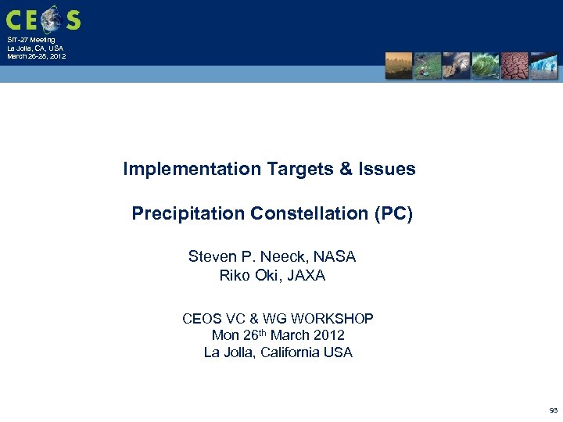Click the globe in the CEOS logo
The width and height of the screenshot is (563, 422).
[52, 17]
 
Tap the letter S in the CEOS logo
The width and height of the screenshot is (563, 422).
[73, 19]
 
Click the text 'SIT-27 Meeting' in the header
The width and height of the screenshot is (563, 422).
[31, 40]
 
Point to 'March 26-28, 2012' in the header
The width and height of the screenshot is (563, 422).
[36, 56]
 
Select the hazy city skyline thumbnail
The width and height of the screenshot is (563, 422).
[398, 66]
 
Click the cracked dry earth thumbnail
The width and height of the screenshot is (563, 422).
[515, 66]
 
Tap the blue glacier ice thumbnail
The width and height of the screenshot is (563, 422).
[543, 66]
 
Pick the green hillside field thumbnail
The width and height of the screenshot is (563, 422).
[427, 66]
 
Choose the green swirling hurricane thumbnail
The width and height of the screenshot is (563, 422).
[485, 66]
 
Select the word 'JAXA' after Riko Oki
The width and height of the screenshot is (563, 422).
[307, 275]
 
